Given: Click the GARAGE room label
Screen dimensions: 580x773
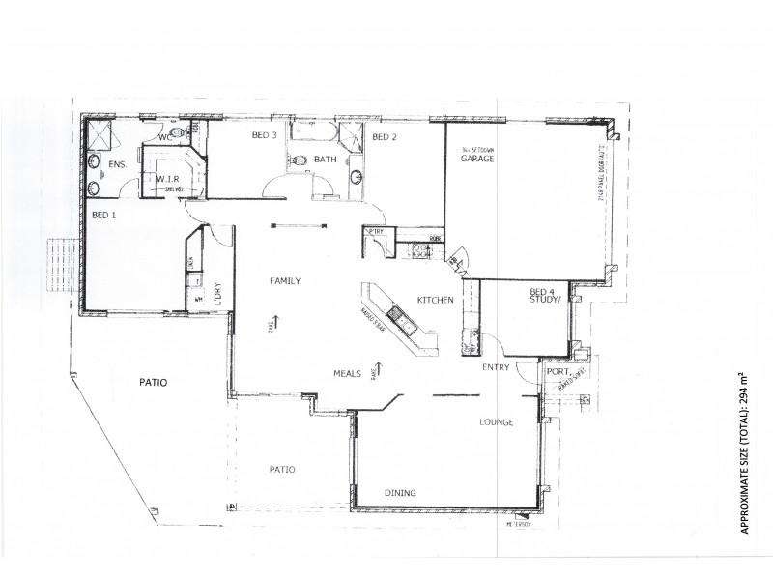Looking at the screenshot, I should [x=477, y=159].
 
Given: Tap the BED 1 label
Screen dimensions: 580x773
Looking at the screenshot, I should [x=103, y=215].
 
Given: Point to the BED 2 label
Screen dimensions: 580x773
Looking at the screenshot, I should [x=385, y=137].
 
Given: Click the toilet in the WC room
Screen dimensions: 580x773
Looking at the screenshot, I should [x=178, y=134].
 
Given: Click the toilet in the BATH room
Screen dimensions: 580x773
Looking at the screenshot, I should [x=300, y=160].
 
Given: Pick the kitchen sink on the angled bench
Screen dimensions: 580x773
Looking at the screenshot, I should [x=397, y=315].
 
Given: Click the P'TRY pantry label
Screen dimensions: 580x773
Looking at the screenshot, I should [x=375, y=232].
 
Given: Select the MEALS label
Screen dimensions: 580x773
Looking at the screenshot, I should [x=348, y=373].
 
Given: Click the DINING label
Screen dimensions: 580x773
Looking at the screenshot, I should [x=400, y=493].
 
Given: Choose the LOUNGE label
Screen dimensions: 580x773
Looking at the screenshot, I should [x=496, y=422].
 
